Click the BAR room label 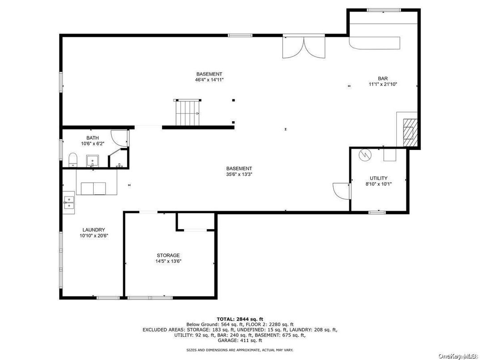(x=383, y=78)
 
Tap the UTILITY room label (x=378, y=178)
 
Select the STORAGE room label (x=168, y=255)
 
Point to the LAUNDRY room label (x=94, y=230)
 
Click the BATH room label (x=92, y=138)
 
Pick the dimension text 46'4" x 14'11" (x=210, y=80)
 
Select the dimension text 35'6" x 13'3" (x=239, y=174)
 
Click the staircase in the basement (x=188, y=112)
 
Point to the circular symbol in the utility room (x=364, y=154)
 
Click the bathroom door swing (x=119, y=137)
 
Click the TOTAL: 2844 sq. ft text (x=240, y=319)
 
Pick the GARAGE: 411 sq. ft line (x=240, y=340)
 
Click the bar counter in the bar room (x=375, y=43)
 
